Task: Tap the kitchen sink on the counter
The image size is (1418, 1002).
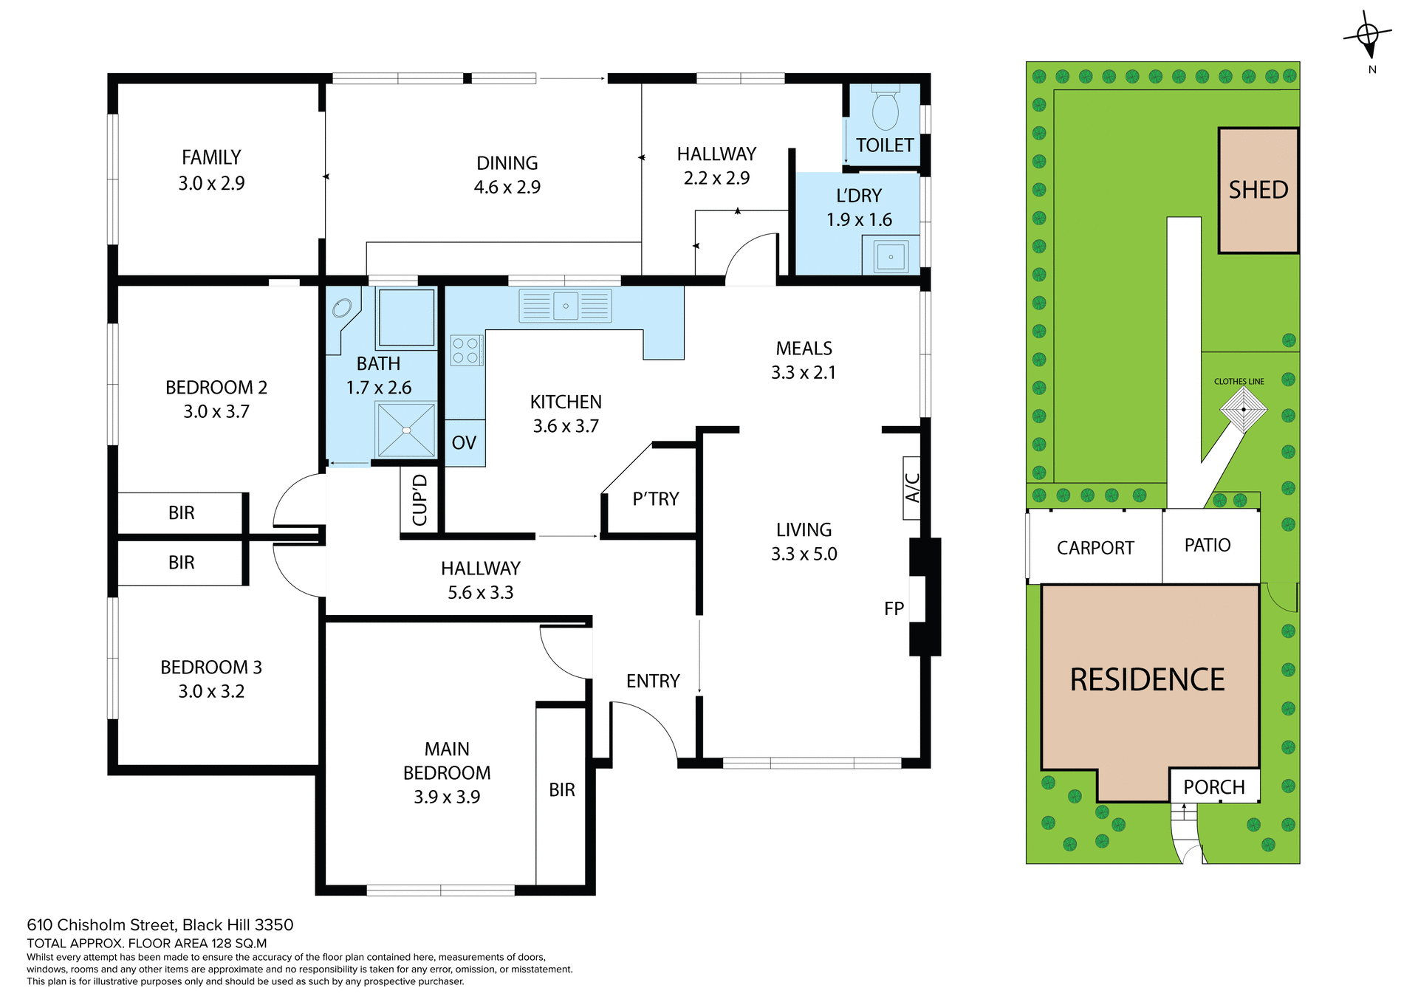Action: [x=566, y=306]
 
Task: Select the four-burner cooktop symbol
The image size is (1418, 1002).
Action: [x=466, y=351]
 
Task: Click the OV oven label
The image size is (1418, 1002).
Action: [x=464, y=443]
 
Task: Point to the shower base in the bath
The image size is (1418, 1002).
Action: [x=406, y=430]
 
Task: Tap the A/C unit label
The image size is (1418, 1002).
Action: [x=912, y=488]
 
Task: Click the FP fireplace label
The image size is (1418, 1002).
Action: [x=894, y=608]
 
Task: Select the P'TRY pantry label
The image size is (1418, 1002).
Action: [x=655, y=499]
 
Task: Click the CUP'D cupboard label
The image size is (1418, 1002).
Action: [x=419, y=501]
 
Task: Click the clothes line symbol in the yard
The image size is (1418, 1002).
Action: [x=1243, y=409]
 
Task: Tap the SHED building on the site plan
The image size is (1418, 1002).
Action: [x=1258, y=191]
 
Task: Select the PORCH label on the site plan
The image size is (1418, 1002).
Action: [x=1213, y=787]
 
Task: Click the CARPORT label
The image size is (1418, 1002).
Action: [x=1095, y=548]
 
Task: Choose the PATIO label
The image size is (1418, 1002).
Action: [x=1207, y=545]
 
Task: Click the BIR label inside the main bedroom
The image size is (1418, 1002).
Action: [x=561, y=790]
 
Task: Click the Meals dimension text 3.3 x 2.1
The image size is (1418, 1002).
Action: [x=803, y=372]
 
